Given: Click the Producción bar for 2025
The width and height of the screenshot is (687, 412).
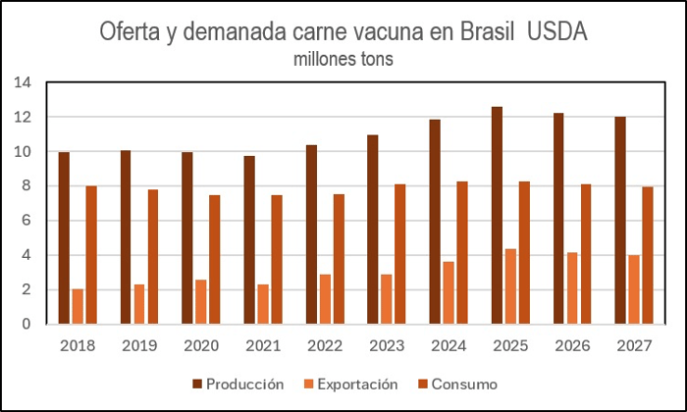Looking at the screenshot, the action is click(x=497, y=216).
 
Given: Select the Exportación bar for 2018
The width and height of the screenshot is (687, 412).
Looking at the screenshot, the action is click(x=78, y=306).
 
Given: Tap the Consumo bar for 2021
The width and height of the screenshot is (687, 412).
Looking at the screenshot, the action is click(x=277, y=260).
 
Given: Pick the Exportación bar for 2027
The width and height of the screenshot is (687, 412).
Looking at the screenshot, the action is click(x=634, y=289).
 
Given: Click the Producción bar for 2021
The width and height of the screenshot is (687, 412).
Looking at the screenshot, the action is click(x=249, y=240).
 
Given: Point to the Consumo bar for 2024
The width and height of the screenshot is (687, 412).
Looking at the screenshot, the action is click(x=462, y=253).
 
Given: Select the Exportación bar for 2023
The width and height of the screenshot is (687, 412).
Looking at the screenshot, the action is click(x=387, y=299).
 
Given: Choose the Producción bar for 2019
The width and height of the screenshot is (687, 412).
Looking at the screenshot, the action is click(x=126, y=237).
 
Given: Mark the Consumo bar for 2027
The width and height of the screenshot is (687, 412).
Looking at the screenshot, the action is click(x=648, y=256).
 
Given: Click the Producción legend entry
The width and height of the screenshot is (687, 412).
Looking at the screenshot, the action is click(x=238, y=385).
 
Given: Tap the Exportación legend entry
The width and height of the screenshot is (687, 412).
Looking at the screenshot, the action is click(x=351, y=385).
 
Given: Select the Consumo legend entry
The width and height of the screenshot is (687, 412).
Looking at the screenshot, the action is click(x=458, y=385).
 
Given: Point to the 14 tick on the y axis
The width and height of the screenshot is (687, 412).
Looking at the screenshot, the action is click(x=23, y=82).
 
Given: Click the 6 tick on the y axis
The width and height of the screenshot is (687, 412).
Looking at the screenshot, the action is click(x=26, y=221).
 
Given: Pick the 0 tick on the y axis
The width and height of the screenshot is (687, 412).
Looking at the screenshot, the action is click(x=26, y=324).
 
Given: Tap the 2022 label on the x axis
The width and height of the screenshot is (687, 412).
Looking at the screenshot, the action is click(x=325, y=346).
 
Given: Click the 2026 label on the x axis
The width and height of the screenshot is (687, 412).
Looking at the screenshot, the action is click(x=572, y=346).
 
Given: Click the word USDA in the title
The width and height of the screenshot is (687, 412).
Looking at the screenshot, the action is click(x=556, y=31).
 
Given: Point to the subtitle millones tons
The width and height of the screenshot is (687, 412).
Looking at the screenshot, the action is click(x=343, y=59).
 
